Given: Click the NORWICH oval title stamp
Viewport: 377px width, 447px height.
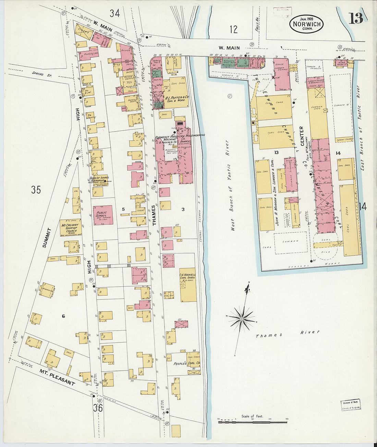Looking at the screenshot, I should (306, 24).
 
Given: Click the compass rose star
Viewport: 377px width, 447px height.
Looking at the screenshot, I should (242, 319).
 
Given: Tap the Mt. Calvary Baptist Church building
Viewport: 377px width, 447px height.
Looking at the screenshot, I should (70, 228).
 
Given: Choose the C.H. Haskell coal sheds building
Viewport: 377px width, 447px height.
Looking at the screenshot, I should (188, 284).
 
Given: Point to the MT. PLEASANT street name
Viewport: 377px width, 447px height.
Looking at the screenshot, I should (57, 377).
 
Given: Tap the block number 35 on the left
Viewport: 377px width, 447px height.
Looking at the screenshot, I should (36, 189).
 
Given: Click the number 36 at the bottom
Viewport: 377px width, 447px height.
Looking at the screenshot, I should (97, 408).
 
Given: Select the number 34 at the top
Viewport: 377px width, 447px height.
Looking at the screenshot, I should (115, 13).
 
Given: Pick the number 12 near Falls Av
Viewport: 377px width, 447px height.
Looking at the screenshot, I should (233, 29).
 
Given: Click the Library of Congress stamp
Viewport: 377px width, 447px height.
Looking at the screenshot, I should (351, 405).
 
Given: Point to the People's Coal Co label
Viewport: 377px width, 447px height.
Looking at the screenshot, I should (186, 363).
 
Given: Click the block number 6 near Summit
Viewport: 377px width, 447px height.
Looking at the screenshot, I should (63, 316).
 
